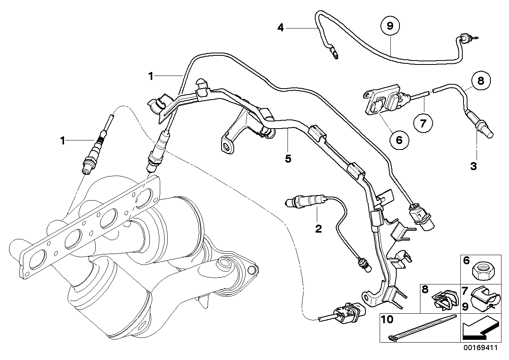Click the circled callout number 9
pos(390,27)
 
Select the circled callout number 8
pos(480,81)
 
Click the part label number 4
pos(281,28)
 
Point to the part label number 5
pos(288,159)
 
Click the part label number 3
pos(473,166)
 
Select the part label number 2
pos(318,228)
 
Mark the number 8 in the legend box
pos(426,290)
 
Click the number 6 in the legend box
pos(466,261)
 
